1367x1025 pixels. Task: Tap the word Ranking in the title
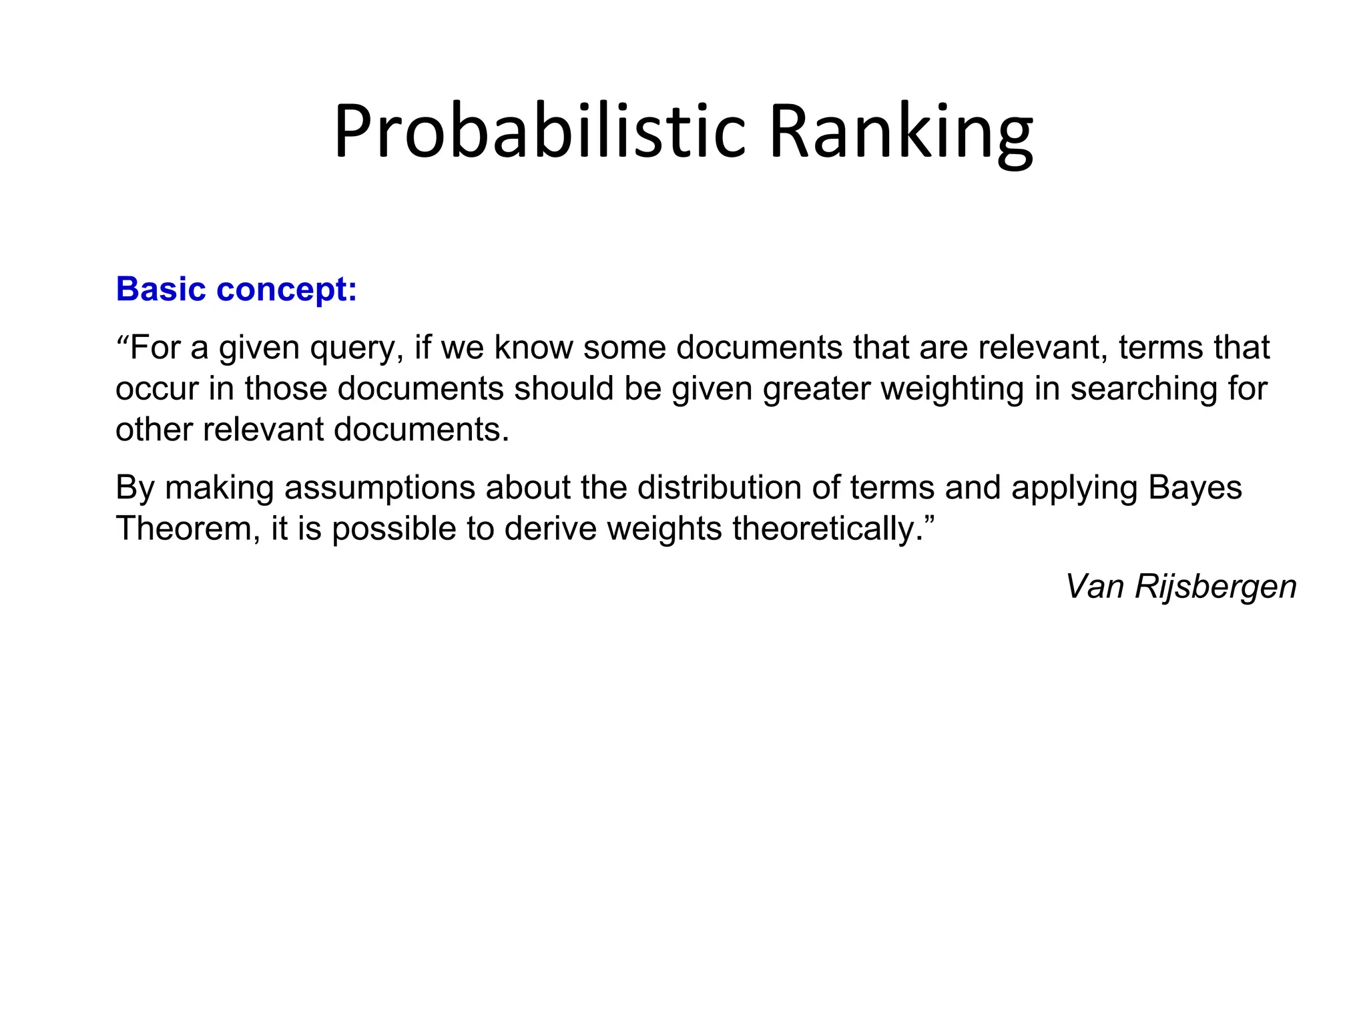pos(900,131)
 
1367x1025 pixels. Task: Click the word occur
pos(156,388)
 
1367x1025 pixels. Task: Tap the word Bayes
pos(1195,488)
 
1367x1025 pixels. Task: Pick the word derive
pos(550,529)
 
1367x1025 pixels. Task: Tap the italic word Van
pos(1095,587)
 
